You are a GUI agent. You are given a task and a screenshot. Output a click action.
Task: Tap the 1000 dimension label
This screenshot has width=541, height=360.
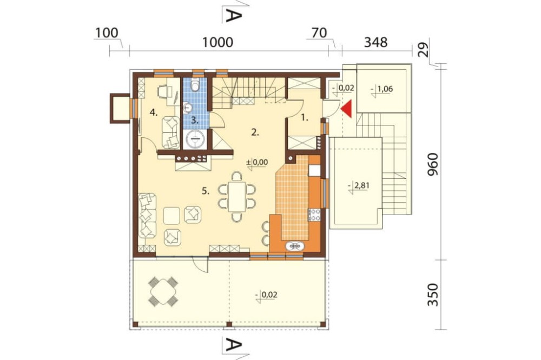[217, 42]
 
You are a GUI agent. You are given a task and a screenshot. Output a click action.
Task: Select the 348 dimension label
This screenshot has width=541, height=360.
[376, 42]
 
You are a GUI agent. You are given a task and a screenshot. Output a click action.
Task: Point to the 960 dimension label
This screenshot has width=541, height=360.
[433, 164]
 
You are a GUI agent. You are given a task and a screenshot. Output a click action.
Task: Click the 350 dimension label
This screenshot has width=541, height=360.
[433, 295]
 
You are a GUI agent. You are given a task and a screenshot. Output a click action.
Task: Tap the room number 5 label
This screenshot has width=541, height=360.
[206, 191]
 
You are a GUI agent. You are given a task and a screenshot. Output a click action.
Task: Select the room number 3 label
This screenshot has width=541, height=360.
[195, 121]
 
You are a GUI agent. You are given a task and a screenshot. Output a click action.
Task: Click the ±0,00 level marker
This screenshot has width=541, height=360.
[258, 162]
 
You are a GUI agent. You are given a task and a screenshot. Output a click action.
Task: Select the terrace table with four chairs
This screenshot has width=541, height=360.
[163, 291]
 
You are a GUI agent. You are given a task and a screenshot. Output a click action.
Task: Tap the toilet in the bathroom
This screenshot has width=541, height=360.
[195, 86]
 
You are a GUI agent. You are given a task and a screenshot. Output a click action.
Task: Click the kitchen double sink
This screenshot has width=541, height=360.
[295, 246]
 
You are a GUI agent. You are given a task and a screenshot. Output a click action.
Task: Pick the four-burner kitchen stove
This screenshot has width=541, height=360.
[315, 215]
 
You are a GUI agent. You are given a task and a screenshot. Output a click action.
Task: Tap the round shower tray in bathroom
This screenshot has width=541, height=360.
[195, 139]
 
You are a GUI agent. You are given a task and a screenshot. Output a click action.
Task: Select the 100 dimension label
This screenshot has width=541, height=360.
[107, 33]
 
